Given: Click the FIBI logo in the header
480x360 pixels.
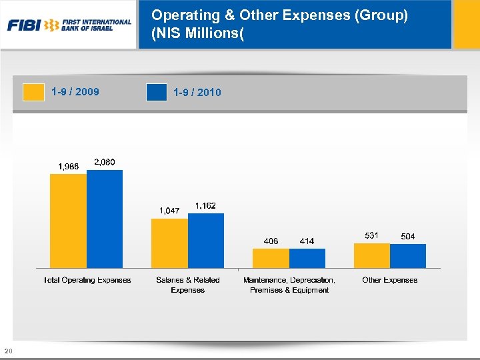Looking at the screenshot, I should (69, 25).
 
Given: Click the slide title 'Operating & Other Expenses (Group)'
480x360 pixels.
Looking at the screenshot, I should (279, 15).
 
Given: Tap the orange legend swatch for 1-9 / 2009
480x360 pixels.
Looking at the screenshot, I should (34, 92).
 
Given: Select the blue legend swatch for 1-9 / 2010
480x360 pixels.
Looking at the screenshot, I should (156, 92).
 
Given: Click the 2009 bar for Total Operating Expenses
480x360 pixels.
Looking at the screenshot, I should (69, 221).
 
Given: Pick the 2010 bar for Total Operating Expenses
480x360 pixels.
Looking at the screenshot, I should (105, 219).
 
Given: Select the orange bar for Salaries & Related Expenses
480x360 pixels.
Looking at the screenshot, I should (169, 243).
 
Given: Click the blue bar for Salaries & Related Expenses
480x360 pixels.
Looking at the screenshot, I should (206, 240).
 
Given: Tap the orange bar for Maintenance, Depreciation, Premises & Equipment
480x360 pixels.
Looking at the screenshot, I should (271, 258).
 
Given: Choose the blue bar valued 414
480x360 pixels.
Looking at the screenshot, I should (307, 258).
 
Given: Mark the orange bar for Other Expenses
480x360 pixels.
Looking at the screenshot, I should (371, 255).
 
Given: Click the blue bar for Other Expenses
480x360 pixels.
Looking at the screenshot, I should (408, 256).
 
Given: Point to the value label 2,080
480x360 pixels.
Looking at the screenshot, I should (105, 162).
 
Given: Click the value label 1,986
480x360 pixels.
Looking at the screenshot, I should (69, 167).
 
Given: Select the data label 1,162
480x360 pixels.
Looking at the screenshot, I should (205, 205).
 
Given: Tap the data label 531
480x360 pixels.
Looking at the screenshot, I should (371, 235).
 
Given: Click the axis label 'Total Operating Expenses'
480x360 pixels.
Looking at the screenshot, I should (87, 280).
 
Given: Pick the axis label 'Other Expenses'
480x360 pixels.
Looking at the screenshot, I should (389, 280).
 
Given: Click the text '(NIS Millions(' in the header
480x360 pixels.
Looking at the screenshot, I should (198, 32).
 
